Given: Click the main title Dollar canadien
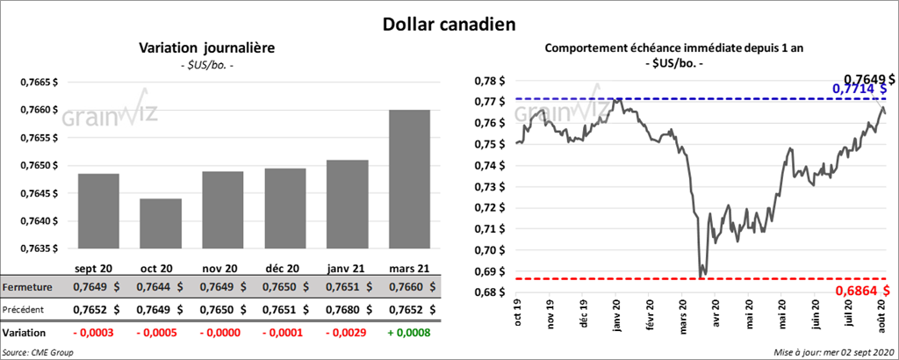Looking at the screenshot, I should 449,24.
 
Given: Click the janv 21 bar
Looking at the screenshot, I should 348,207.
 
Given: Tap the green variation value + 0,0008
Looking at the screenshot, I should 409,333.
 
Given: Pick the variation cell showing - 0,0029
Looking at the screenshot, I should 347,333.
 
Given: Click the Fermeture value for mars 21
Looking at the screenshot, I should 410,287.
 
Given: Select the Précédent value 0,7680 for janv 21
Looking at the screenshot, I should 347,309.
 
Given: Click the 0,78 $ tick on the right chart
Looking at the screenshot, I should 490,81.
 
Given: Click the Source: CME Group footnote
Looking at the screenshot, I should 37,351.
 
